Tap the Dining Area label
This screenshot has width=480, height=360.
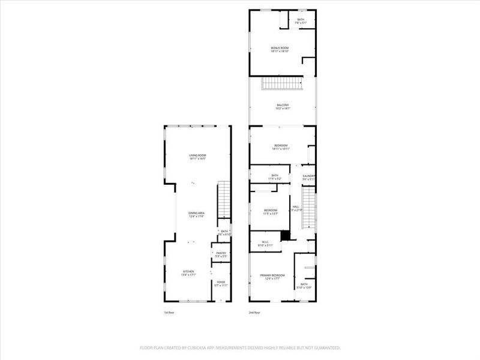[197, 213]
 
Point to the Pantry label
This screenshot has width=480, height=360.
[221, 254]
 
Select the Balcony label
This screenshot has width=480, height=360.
[283, 105]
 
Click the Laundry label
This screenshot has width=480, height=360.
[308, 176]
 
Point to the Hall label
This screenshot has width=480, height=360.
[295, 206]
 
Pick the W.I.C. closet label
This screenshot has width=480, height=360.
[265, 243]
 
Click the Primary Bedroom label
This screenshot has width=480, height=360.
[272, 275]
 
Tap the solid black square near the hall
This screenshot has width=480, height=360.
[286, 236]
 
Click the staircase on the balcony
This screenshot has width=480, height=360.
[283, 84]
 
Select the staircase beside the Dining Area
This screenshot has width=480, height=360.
[223, 199]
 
